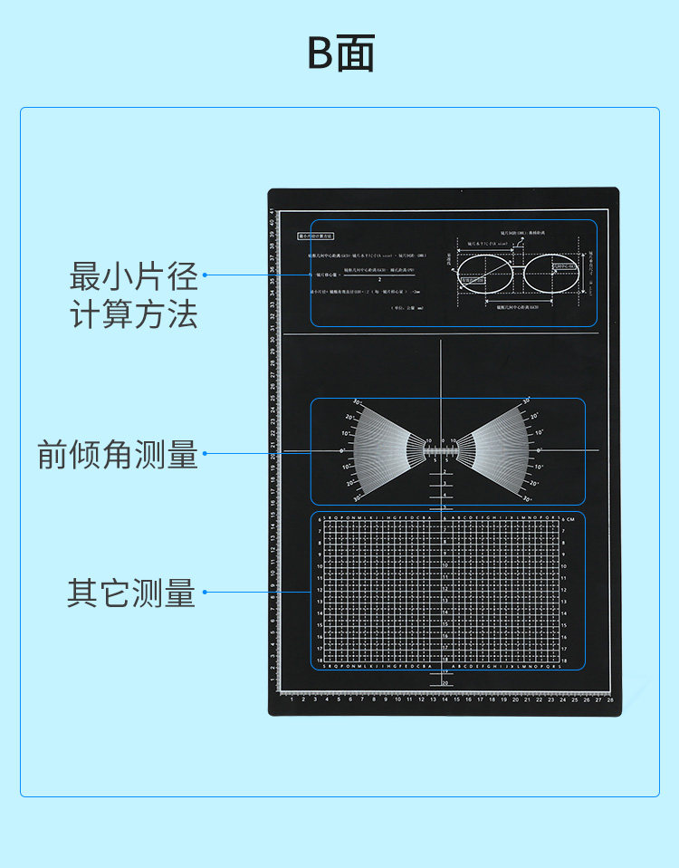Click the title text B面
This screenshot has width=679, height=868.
pos(340,54)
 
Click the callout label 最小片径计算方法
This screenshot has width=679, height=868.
pos(134,294)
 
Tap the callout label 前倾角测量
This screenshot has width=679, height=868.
pos(118,454)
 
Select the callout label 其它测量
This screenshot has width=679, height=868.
pos(131,593)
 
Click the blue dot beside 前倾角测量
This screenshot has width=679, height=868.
pos(206,453)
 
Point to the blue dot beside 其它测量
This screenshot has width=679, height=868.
pos(206,593)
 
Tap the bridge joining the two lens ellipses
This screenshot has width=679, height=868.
pos(521,266)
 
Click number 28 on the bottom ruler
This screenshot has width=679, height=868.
pos(610,699)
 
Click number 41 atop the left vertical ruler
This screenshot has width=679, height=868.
pos(272,211)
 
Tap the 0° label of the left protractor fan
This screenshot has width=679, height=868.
pos(341,449)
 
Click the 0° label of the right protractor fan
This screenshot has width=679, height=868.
pos(540,449)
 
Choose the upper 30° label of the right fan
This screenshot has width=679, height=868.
pos(526,401)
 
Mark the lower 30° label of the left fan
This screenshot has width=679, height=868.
pos(357,497)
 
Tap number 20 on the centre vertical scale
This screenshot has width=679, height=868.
pos(445,683)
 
